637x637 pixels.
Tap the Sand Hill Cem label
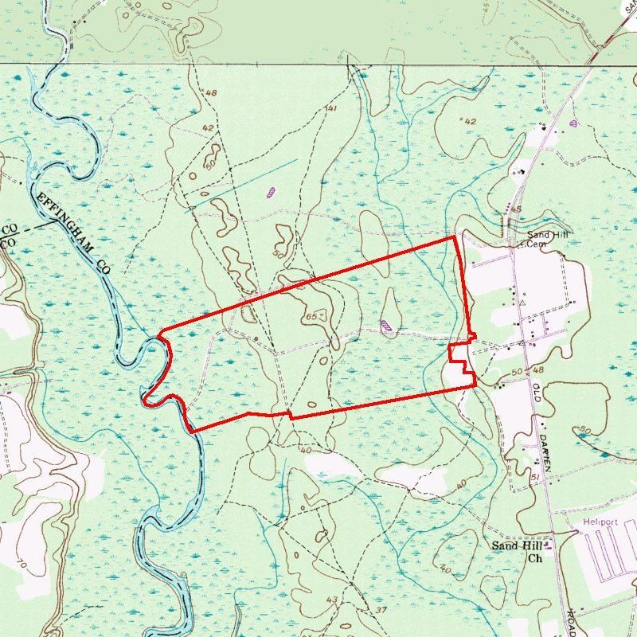[545, 240]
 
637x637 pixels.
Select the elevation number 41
[331, 108]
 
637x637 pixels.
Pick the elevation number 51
[535, 477]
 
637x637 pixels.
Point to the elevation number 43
[332, 600]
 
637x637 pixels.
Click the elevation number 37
[381, 610]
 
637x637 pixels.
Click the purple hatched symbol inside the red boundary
[386, 324]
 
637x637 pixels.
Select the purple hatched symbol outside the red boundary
[272, 191]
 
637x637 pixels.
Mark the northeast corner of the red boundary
[454, 236]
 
